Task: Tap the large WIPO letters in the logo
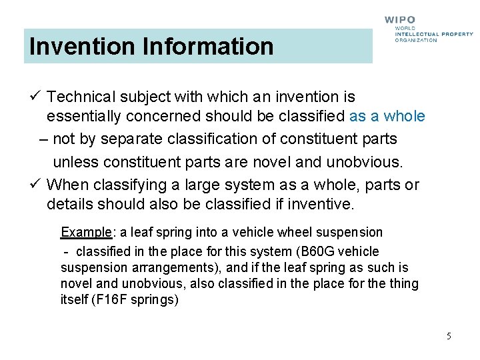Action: [400, 21]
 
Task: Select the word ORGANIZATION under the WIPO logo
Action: [416, 40]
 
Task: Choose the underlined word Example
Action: [86, 233]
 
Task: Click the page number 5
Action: [449, 336]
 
